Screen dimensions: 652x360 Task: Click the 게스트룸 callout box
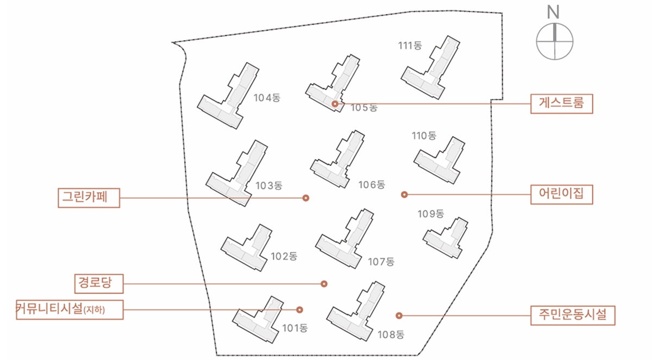coord(561,104)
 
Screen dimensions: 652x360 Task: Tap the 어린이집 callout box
coord(561,194)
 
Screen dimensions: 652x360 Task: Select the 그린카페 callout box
coord(89,198)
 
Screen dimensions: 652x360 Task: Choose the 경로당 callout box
coord(99,283)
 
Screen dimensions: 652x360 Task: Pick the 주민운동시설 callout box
coord(573,315)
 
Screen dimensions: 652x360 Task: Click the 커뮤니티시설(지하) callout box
coord(70,310)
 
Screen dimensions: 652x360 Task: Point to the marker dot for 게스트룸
coord(335,104)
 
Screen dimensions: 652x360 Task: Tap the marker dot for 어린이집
coord(404,194)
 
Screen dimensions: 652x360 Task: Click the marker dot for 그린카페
coord(305,198)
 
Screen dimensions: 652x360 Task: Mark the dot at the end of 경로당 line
coord(324,284)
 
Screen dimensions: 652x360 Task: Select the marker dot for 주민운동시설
coord(399,315)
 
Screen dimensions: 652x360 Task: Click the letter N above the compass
coord(553,12)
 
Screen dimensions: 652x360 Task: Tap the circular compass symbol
coord(555,41)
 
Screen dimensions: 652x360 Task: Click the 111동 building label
coord(410,46)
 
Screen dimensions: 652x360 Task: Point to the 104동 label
coord(267,98)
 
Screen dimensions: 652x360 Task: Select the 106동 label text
coord(372,185)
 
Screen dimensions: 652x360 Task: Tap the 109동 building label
coord(431,214)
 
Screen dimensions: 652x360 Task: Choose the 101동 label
coord(295,329)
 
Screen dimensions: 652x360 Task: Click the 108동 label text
coord(391,334)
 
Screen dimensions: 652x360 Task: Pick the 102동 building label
coord(284,256)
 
